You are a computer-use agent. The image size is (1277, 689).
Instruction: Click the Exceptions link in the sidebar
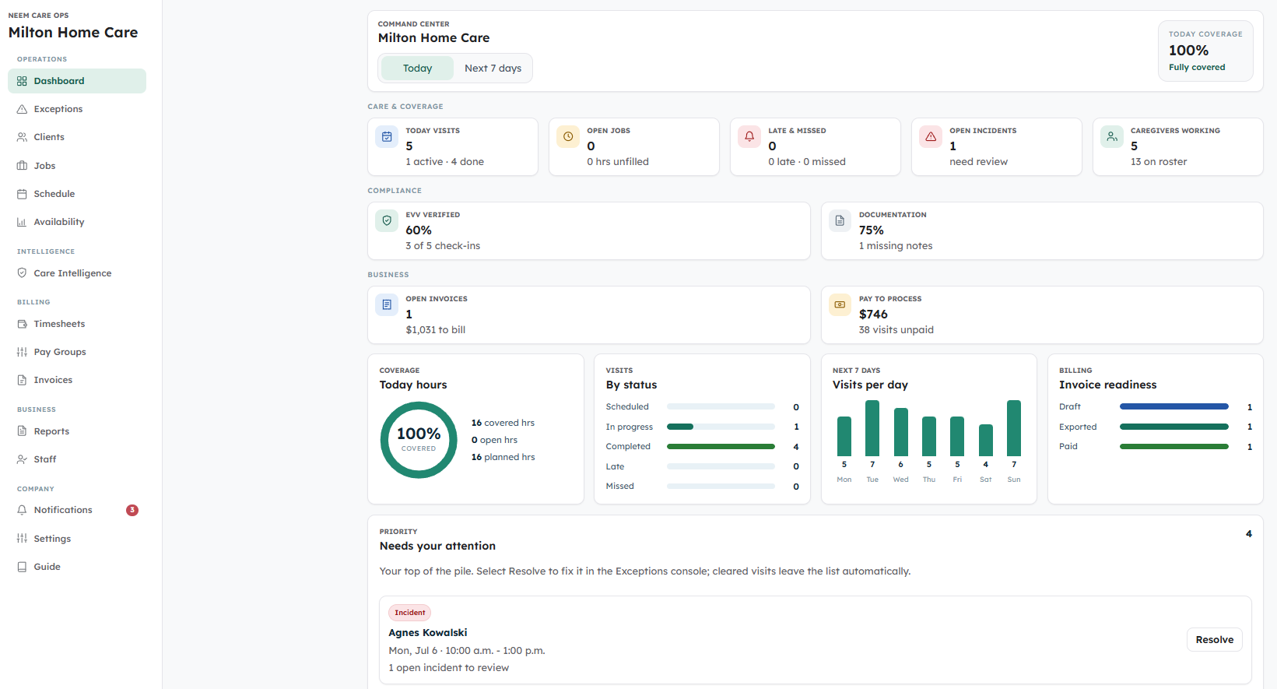click(x=58, y=109)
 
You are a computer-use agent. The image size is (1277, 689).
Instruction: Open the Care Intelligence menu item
click(x=72, y=273)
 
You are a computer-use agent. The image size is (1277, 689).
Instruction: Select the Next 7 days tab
click(x=493, y=69)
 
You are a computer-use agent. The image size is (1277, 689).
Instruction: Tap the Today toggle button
click(x=417, y=69)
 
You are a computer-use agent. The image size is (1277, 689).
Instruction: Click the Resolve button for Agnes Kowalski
click(x=1214, y=640)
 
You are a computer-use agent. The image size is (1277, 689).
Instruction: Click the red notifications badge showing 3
click(x=132, y=510)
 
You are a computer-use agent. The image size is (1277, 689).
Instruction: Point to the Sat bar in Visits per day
click(x=986, y=441)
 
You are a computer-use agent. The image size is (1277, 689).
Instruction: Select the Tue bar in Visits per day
click(x=872, y=428)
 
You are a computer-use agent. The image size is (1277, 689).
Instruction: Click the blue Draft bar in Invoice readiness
click(x=1174, y=406)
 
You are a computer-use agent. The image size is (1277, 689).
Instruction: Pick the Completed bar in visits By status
click(x=721, y=447)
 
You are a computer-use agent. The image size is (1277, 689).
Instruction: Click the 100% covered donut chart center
click(x=419, y=440)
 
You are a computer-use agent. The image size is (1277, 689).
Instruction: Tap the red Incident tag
click(x=410, y=613)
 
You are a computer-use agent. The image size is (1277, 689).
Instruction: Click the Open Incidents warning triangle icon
click(x=931, y=137)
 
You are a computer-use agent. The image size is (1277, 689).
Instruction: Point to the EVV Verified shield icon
click(x=387, y=221)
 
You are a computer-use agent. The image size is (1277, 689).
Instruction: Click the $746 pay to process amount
click(x=873, y=315)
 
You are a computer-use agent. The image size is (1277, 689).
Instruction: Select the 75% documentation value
click(x=871, y=230)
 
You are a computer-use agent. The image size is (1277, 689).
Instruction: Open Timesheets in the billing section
click(x=58, y=324)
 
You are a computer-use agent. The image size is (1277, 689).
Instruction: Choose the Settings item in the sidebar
click(x=52, y=539)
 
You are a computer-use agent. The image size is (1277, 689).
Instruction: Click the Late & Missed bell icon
click(x=749, y=137)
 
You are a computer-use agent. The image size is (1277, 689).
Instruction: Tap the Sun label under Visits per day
click(x=1014, y=480)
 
